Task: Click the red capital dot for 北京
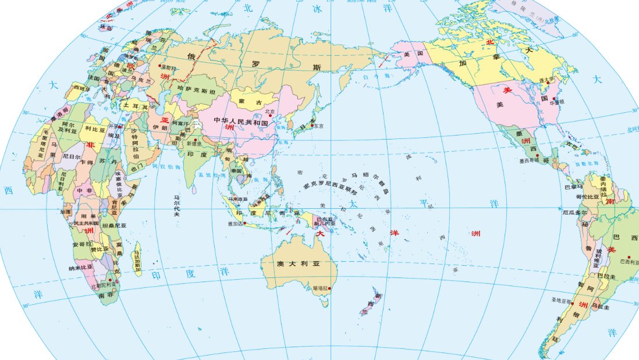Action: (269, 115)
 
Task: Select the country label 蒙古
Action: (247, 101)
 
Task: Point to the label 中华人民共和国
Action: (240, 122)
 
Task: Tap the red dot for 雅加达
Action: (245, 223)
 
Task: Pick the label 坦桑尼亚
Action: (114, 224)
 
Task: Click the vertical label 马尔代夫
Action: (176, 206)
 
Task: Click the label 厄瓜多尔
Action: (575, 213)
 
